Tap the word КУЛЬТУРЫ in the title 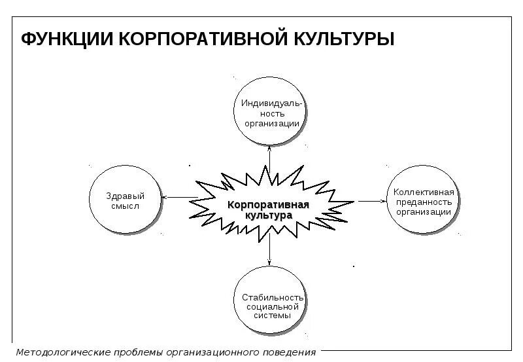344,39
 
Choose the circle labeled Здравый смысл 125,200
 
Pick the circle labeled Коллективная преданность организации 423,202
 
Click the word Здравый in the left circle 125,196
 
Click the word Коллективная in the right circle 423,192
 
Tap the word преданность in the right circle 423,202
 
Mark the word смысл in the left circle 125,206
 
